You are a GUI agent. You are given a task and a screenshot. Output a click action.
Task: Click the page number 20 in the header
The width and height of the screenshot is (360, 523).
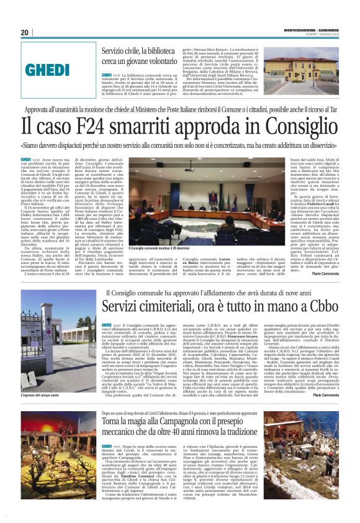click(x=25, y=33)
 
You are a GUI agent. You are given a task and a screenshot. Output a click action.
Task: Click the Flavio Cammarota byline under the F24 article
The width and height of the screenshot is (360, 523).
click(x=323, y=274)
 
